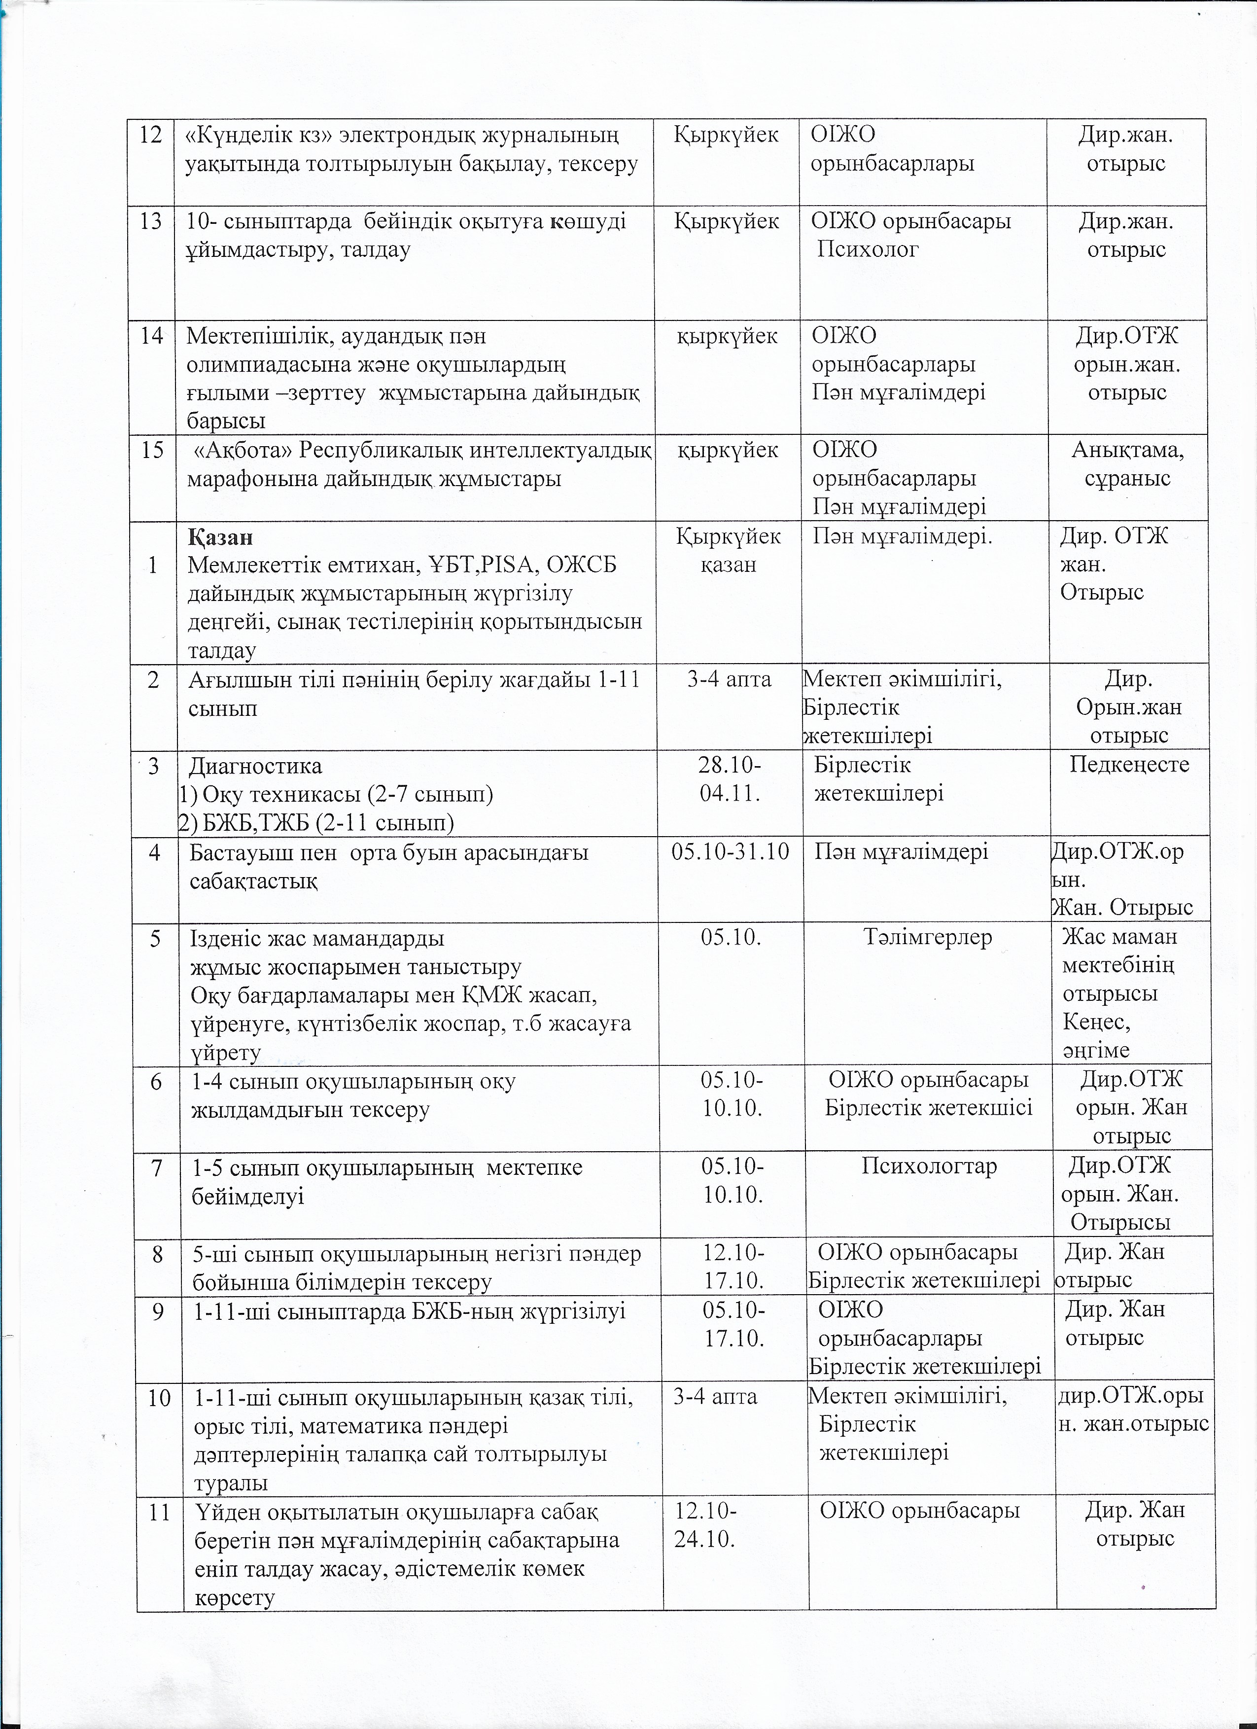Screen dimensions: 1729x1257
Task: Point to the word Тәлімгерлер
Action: click(x=928, y=937)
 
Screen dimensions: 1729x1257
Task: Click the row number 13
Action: click(x=152, y=221)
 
